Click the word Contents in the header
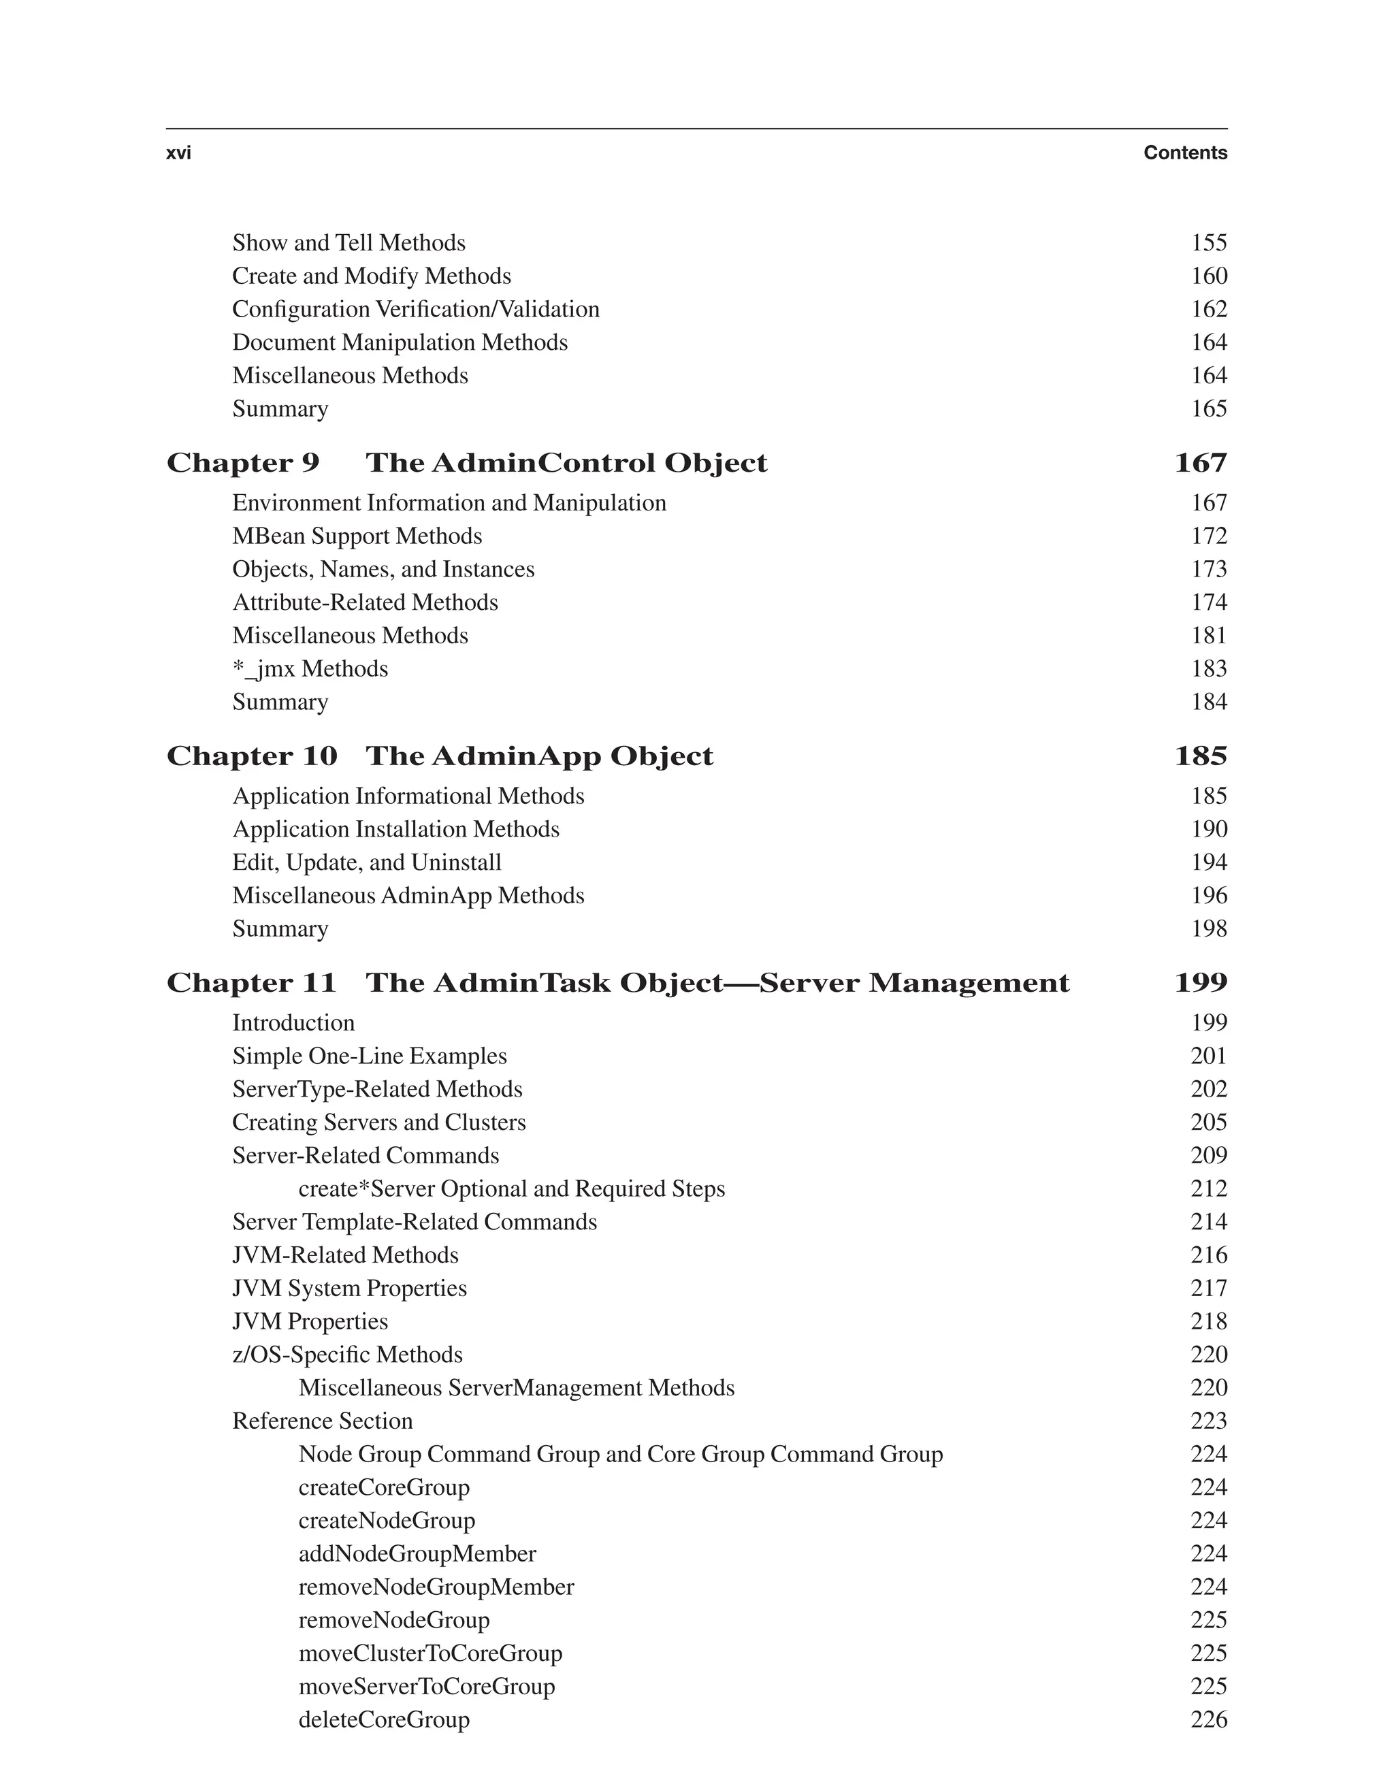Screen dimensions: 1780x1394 [1184, 152]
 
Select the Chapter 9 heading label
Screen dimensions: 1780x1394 [243, 463]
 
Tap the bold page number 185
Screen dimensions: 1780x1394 [1200, 756]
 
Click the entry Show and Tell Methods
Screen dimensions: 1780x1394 [348, 242]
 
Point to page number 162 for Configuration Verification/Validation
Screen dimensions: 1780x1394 [1208, 308]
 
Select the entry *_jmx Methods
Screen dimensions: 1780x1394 [310, 668]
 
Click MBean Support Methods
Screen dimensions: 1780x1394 [357, 536]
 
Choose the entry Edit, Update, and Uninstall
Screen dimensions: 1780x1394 [366, 862]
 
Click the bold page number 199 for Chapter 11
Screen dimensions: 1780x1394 [1200, 983]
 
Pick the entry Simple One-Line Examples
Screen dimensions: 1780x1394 [369, 1055]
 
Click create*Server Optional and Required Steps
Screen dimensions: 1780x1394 [511, 1188]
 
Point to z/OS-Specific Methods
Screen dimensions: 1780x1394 [347, 1354]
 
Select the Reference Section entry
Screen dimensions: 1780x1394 [323, 1421]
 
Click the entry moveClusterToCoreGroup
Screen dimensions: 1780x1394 [430, 1653]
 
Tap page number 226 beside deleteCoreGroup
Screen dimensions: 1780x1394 [1208, 1719]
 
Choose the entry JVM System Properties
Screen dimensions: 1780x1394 [349, 1288]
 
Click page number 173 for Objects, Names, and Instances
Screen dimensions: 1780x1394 [1208, 569]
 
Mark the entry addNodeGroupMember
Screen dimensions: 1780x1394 [417, 1553]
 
